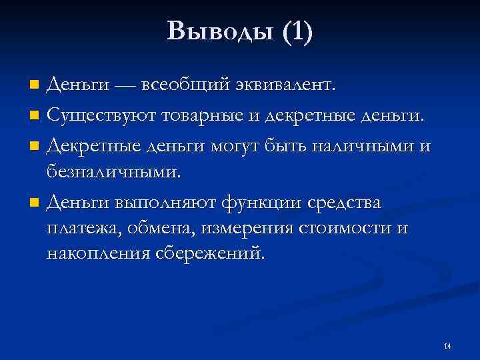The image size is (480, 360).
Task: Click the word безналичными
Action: pos(114,173)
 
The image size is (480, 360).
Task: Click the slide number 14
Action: pos(447,346)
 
